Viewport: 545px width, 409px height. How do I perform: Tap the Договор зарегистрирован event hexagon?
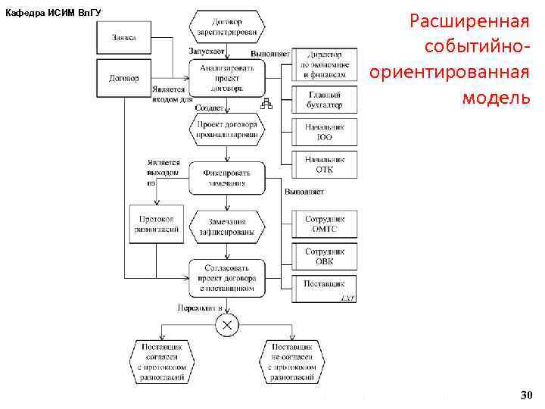pos(227,27)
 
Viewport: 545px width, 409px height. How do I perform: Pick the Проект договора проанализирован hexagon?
pos(227,129)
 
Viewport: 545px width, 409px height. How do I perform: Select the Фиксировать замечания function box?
pos(227,177)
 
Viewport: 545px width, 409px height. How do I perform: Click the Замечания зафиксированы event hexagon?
pos(227,227)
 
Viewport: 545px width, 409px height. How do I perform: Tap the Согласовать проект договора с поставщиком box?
pos(227,278)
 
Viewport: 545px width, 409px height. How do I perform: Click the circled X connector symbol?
pos(226,326)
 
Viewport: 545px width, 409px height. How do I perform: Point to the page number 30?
pos(526,395)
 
